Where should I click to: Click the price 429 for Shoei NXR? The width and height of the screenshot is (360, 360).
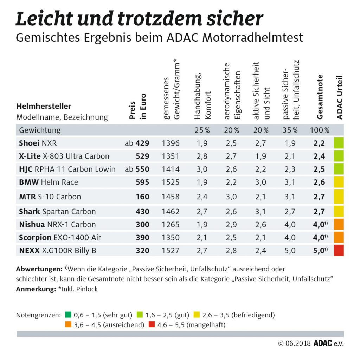click(142, 143)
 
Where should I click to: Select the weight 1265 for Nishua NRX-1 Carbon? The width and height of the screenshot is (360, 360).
click(171, 225)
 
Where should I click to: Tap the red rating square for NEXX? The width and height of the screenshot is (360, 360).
click(339, 250)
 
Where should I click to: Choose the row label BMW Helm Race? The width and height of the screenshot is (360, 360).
click(49, 182)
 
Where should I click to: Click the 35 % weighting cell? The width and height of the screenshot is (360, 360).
click(290, 130)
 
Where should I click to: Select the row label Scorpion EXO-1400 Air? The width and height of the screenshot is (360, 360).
click(60, 238)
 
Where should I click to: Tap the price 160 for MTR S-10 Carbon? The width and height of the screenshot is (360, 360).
click(142, 197)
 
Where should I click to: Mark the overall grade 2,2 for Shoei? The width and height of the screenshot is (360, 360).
click(319, 143)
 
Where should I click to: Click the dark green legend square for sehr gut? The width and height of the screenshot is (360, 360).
click(68, 315)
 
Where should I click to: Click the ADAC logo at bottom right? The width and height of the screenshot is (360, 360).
click(322, 343)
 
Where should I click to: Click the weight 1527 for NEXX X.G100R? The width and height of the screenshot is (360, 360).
click(171, 251)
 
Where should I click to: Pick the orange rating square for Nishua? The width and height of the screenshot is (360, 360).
click(339, 225)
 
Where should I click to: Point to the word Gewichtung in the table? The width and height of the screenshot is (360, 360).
click(40, 130)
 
